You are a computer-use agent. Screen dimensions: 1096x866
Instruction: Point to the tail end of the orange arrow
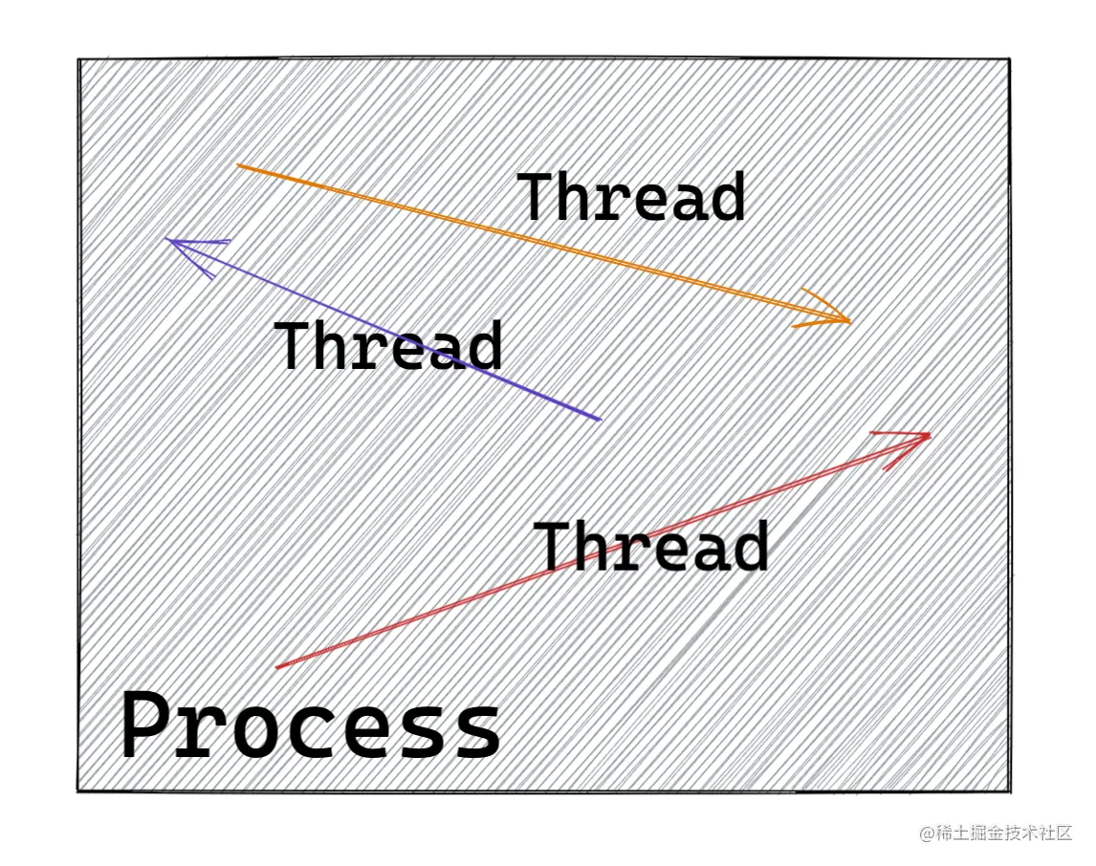(237, 165)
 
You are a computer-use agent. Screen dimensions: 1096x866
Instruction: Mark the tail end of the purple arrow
(600, 419)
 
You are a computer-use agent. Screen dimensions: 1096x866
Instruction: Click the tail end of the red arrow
(277, 667)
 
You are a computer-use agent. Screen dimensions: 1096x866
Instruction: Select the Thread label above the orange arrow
(630, 198)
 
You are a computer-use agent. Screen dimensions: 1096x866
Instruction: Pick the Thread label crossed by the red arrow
(651, 546)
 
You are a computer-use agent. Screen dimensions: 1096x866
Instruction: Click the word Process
(311, 725)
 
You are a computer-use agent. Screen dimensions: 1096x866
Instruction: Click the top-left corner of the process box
(79, 60)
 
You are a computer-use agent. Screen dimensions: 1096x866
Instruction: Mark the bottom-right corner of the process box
(1009, 791)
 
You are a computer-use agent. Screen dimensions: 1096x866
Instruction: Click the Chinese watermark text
(1004, 833)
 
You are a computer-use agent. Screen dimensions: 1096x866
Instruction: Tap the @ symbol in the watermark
(927, 834)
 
